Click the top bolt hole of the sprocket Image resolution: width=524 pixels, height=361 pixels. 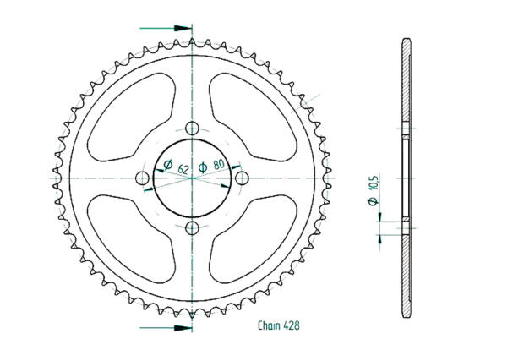click(193, 129)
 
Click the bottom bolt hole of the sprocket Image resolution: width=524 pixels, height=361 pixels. click(193, 228)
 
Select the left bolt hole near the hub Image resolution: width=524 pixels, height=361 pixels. click(143, 178)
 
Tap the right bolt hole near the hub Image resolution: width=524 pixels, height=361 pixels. click(243, 178)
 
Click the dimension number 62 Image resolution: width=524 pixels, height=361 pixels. click(183, 169)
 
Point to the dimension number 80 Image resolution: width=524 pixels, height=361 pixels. click(219, 166)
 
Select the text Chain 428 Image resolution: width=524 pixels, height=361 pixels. click(279, 325)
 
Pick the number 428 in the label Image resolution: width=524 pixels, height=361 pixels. click(292, 325)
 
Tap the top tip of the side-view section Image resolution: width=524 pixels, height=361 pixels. click(407, 41)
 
